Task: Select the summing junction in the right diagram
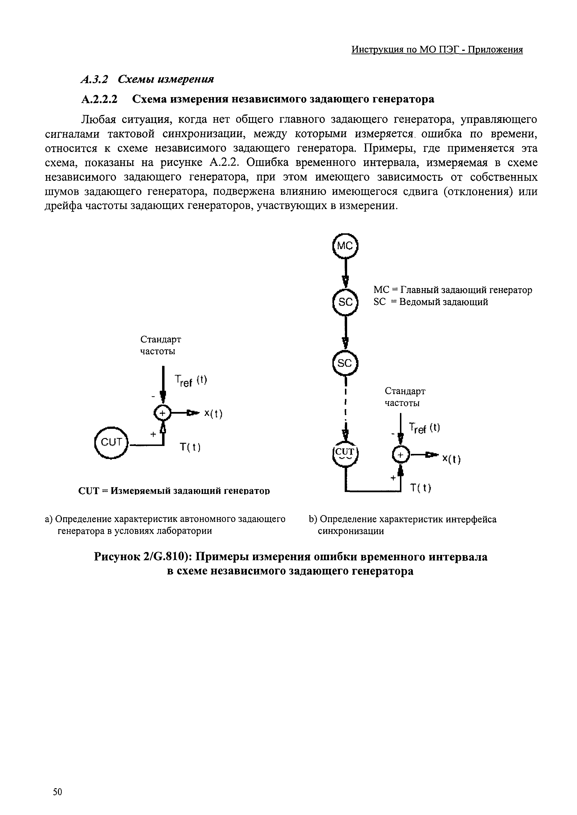tap(400, 455)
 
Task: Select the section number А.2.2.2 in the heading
tap(99, 99)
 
